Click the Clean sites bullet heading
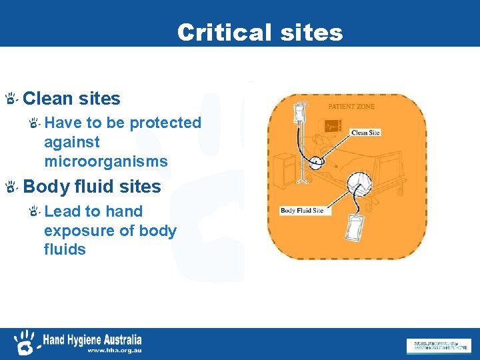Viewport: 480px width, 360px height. click(71, 99)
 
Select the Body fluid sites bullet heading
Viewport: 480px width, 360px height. click(92, 187)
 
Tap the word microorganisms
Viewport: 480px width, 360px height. click(106, 162)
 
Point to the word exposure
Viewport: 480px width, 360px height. click(75, 231)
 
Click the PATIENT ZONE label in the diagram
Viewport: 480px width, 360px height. click(351, 107)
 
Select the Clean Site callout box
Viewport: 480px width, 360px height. click(365, 133)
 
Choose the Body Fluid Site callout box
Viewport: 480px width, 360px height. click(302, 211)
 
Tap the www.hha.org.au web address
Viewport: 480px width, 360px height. click(114, 350)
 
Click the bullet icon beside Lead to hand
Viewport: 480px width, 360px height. click(35, 211)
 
